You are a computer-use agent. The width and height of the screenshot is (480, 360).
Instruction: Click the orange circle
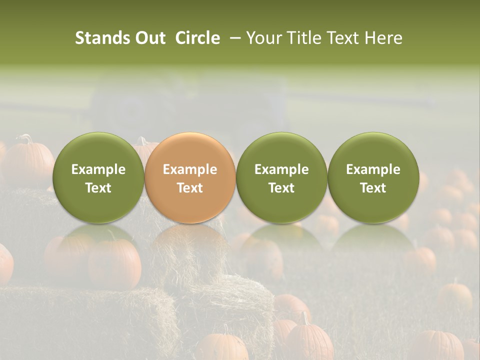tap(190, 177)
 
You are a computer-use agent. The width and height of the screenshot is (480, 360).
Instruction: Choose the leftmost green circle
tap(98, 177)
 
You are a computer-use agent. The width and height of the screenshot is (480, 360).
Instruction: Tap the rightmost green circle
tap(373, 177)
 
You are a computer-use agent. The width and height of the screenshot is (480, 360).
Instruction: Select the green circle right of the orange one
tap(281, 177)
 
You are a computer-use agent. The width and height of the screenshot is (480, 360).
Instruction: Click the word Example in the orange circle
tap(190, 169)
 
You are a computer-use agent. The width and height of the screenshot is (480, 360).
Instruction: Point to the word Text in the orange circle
tap(190, 188)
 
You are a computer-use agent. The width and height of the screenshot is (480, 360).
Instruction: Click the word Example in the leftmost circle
tap(98, 169)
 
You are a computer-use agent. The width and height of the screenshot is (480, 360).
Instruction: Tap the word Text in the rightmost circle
tap(373, 188)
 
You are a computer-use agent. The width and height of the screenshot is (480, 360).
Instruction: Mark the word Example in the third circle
tap(281, 169)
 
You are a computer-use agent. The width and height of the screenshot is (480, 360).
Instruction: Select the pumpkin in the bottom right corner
tap(440, 345)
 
